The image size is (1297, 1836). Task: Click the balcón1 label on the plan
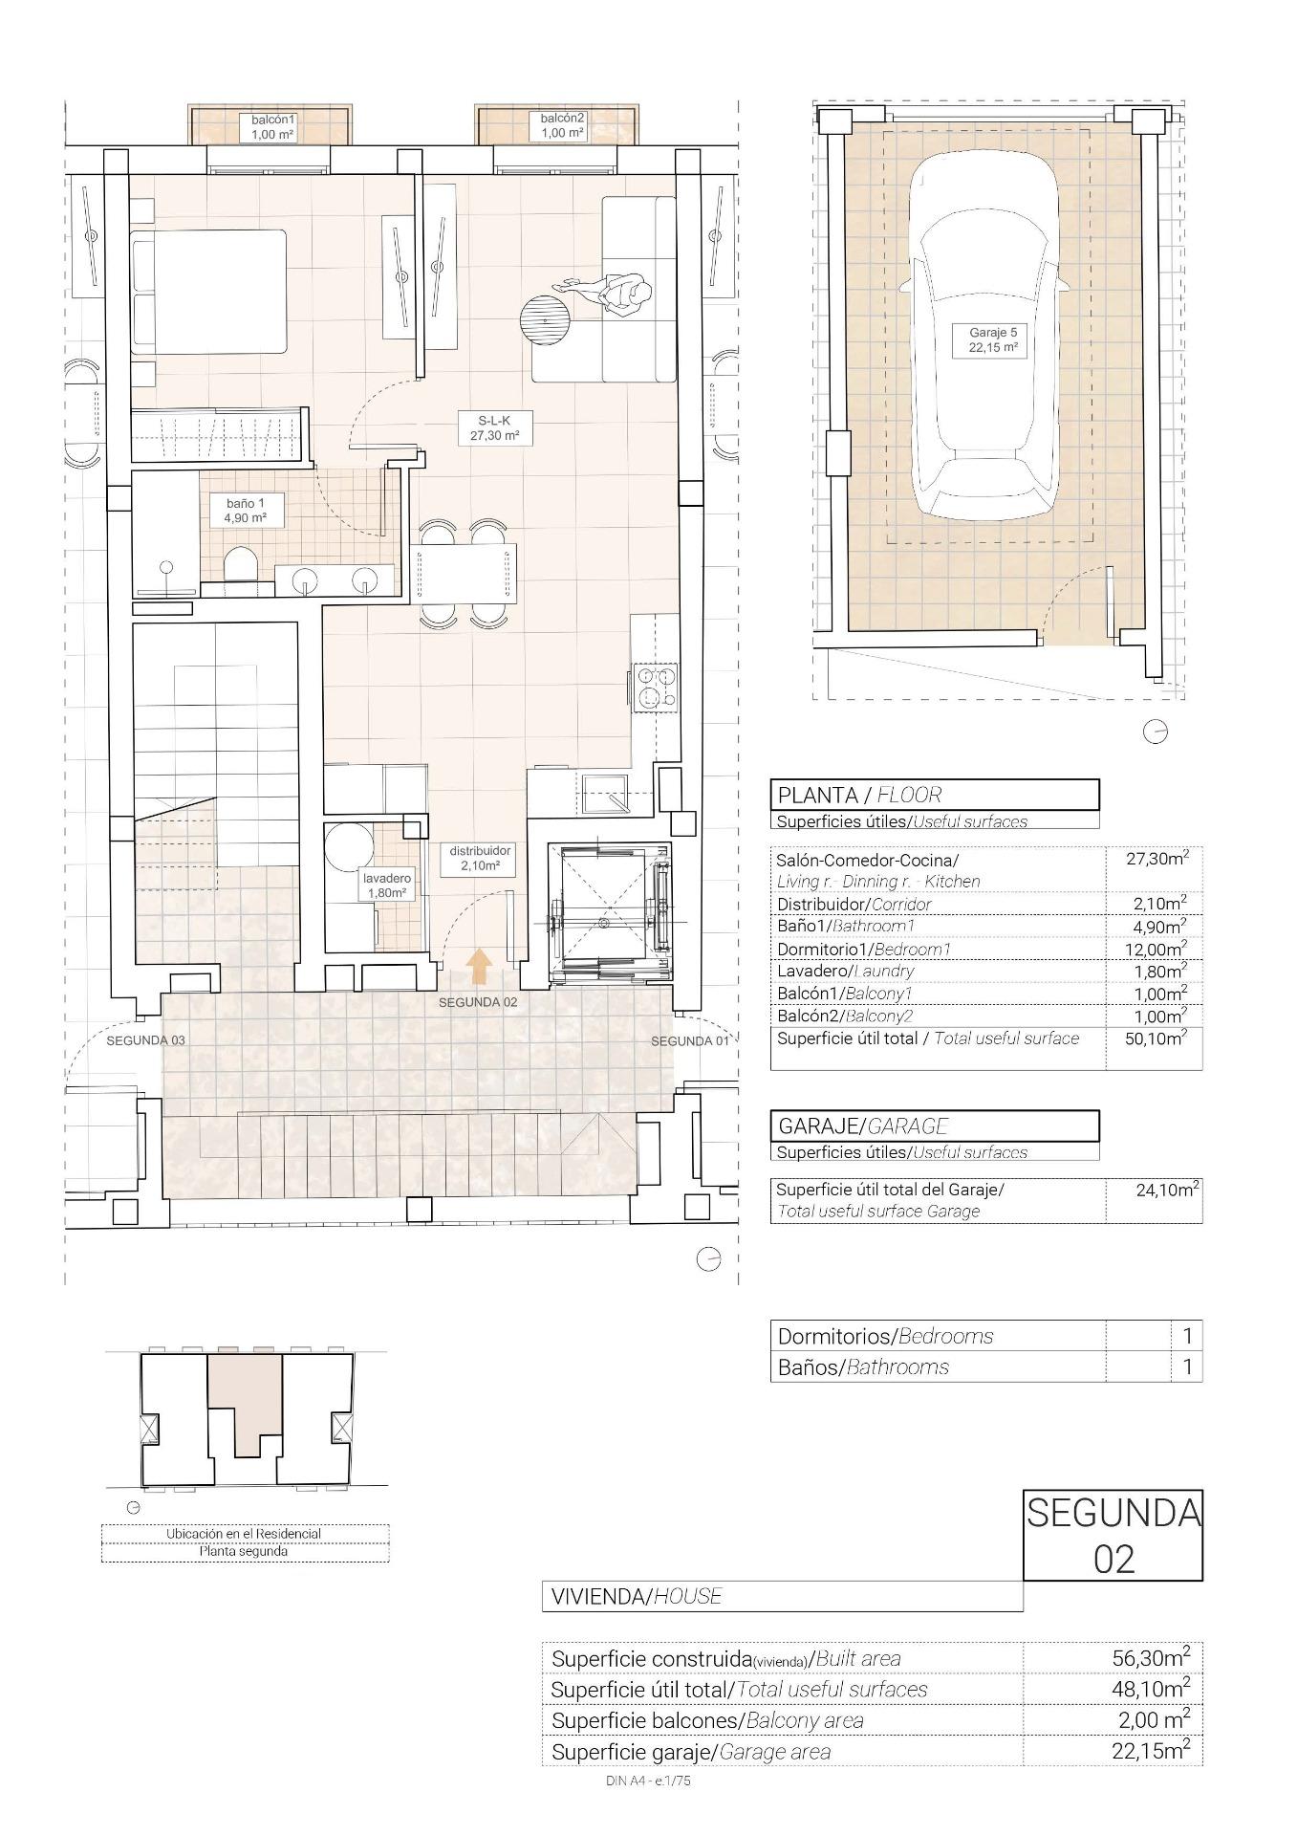[x=273, y=126]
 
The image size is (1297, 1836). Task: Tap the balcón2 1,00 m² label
[x=562, y=125]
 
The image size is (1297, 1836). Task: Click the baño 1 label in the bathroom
[x=238, y=510]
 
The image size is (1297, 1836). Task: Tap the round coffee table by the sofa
[x=545, y=317]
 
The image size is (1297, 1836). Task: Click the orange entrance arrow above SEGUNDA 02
[x=479, y=966]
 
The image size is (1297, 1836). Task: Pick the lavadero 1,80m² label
[x=386, y=885]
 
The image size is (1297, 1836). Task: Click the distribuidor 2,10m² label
[x=480, y=858]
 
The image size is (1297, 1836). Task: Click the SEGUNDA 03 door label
[x=145, y=1040]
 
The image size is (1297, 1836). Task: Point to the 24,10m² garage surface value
[x=1167, y=1191]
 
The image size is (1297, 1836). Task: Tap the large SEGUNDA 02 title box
[x=1113, y=1535]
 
